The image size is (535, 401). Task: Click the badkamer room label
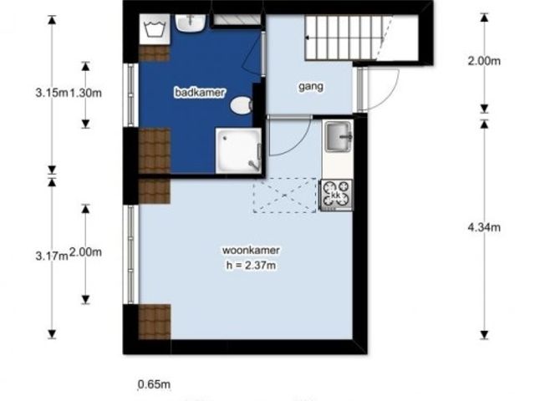pos(200,93)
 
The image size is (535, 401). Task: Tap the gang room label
pos(311,86)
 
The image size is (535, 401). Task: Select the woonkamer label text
pos(251,250)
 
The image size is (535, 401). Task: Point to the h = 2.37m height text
pos(251,265)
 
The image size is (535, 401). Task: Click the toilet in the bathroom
pos(241,105)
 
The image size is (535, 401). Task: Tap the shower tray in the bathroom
pos(238,150)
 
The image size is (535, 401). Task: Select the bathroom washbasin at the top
pos(191,23)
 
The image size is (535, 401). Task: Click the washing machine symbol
pos(155,29)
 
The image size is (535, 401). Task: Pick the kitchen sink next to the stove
pos(338,136)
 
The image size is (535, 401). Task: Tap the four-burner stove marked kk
pos(336,195)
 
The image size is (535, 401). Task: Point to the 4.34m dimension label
pos(484,227)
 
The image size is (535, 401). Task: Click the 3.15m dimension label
pos(52,93)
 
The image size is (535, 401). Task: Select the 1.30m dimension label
pos(85,93)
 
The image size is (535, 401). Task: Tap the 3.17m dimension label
pos(52,256)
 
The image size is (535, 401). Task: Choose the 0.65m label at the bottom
pos(154,384)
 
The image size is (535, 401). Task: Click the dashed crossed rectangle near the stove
pos(284,195)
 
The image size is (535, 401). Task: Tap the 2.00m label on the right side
pos(484,61)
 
